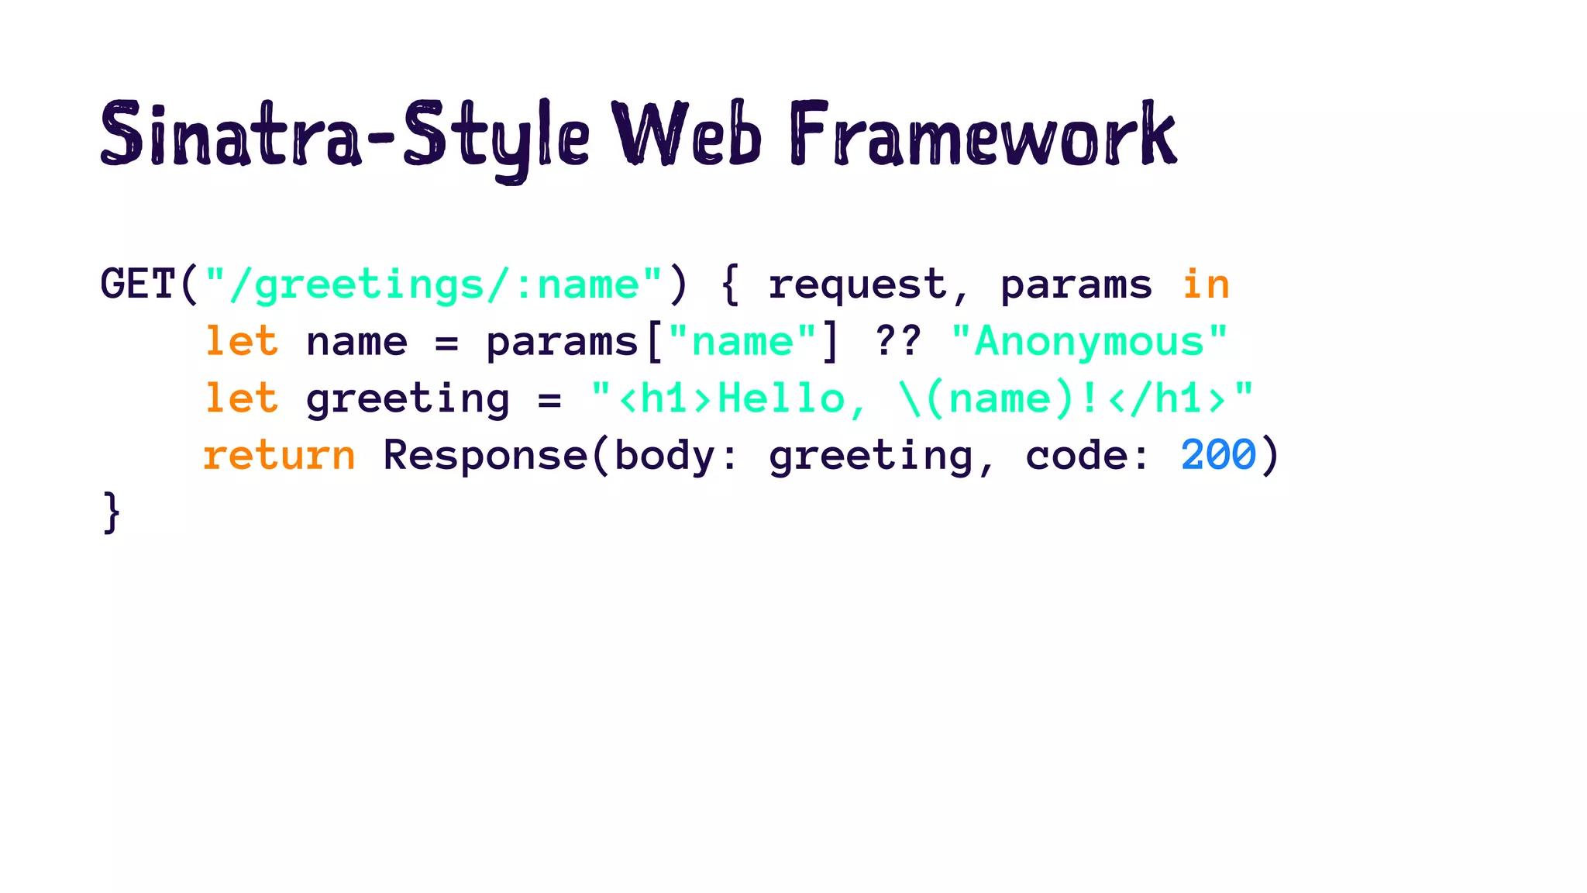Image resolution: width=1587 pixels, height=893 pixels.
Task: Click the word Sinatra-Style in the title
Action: pyautogui.click(x=346, y=136)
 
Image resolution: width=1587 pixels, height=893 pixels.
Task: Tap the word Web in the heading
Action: pyautogui.click(x=687, y=135)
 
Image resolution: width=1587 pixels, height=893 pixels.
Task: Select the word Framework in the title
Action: pyautogui.click(x=983, y=135)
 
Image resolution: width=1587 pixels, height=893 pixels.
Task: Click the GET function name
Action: pyautogui.click(x=138, y=284)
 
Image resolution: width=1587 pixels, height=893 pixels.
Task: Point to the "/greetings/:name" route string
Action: pyautogui.click(x=434, y=285)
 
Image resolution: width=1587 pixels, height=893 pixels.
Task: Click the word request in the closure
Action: pyautogui.click(x=857, y=285)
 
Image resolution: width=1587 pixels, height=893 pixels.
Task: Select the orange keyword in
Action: pyautogui.click(x=1206, y=284)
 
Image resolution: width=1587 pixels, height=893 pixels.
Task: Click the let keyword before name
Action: pyautogui.click(x=241, y=341)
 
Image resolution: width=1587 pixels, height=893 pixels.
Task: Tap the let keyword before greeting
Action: pyautogui.click(x=241, y=398)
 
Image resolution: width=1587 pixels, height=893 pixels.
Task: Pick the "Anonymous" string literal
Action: pyautogui.click(x=1090, y=341)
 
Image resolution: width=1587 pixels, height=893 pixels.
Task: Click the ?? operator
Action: pyautogui.click(x=897, y=341)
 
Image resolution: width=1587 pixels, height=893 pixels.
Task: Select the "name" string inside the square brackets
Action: pyautogui.click(x=742, y=341)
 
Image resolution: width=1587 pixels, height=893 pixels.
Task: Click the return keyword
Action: pyautogui.click(x=279, y=456)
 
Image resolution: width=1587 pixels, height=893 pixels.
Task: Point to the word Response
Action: pyautogui.click(x=485, y=456)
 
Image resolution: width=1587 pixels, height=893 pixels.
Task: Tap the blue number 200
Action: pyautogui.click(x=1218, y=454)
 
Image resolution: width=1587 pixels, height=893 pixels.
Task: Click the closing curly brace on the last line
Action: pyautogui.click(x=112, y=512)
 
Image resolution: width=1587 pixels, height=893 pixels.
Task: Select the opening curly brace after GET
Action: pyautogui.click(x=729, y=285)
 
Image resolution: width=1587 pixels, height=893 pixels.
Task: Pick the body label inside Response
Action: pyautogui.click(x=665, y=456)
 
